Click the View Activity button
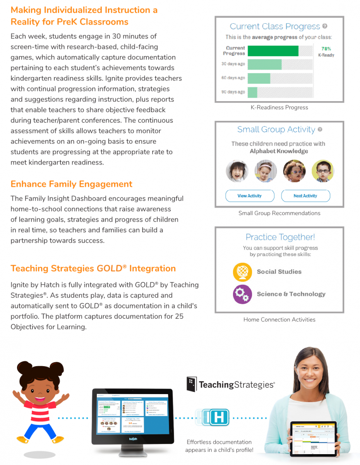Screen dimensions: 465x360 (x=250, y=196)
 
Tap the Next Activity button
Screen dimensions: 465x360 (x=305, y=196)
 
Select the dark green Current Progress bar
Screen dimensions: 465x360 (x=273, y=51)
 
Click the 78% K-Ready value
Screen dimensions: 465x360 (x=326, y=49)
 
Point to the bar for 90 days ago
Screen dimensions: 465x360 (x=252, y=92)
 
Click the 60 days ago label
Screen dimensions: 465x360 (x=233, y=78)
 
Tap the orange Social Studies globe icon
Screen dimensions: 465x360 (x=242, y=272)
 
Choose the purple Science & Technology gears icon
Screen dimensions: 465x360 (x=242, y=294)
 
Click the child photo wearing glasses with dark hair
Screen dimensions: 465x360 (x=322, y=170)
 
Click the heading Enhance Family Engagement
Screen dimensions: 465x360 (x=71, y=184)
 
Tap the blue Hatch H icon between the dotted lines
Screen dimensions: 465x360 (x=217, y=418)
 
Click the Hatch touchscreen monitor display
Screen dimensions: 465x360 (x=132, y=413)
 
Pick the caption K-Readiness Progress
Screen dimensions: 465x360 (x=279, y=107)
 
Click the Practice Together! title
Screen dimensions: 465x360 (x=280, y=237)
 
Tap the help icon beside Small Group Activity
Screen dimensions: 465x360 (x=320, y=129)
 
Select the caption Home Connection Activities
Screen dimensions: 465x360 (x=279, y=320)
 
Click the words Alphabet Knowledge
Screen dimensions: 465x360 (x=279, y=151)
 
